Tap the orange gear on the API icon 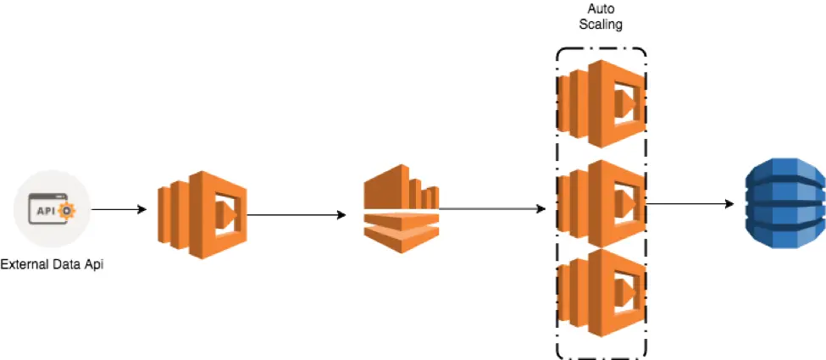coord(69,209)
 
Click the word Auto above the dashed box coord(601,8)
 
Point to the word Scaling coord(601,25)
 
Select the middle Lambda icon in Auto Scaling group coord(601,201)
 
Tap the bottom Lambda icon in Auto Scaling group coord(601,290)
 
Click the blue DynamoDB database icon coord(783,206)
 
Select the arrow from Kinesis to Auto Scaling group coord(491,208)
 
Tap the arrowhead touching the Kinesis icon coord(341,214)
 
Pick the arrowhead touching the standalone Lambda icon coord(145,208)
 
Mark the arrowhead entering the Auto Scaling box coord(541,208)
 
